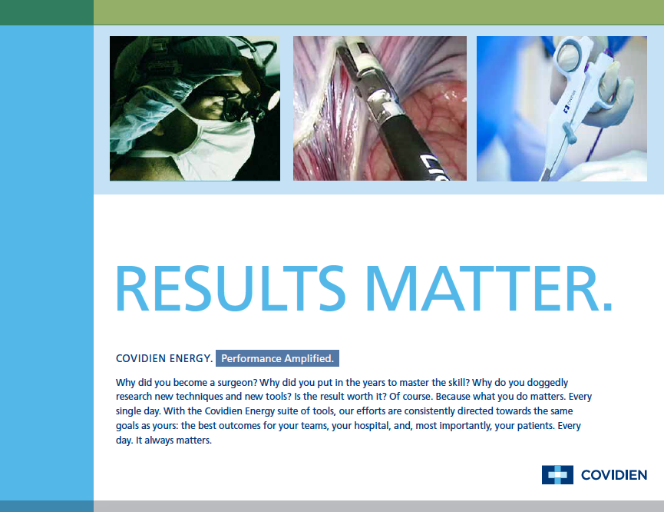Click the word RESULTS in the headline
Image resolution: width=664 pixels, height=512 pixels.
click(x=231, y=288)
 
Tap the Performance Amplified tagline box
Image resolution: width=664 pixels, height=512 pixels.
click(x=277, y=358)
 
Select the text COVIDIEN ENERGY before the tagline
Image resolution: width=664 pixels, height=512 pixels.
click(x=164, y=358)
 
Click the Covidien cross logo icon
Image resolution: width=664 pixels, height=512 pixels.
click(x=557, y=474)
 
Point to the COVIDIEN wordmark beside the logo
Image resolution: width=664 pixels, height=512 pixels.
click(x=614, y=475)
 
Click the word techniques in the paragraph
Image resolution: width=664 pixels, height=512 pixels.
click(x=199, y=397)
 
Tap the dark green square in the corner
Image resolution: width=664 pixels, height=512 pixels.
click(x=47, y=12)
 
